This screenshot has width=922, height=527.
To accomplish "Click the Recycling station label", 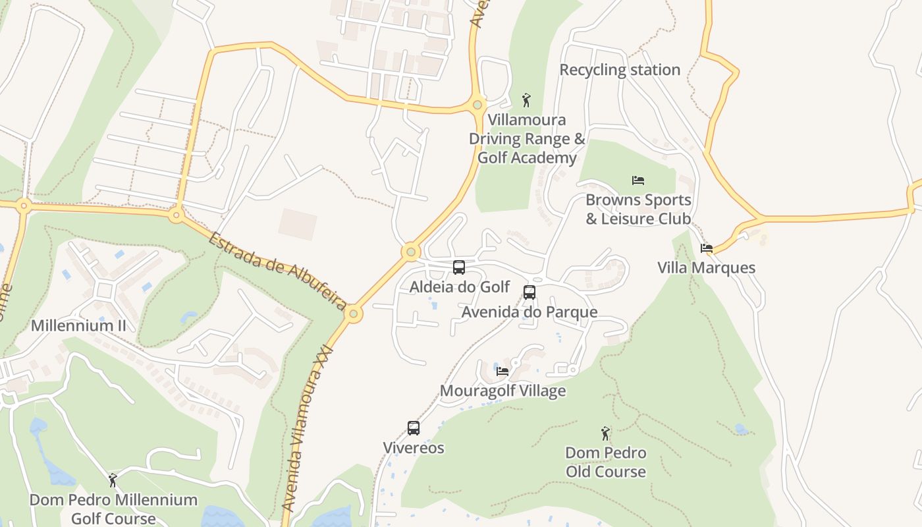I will pos(620,70).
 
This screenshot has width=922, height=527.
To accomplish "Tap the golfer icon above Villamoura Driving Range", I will pos(526,100).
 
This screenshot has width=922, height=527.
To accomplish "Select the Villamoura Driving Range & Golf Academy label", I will pos(527,139).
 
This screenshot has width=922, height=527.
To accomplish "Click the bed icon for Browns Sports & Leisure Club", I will pos(637,180).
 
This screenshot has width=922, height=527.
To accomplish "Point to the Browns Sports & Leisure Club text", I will pos(638,209).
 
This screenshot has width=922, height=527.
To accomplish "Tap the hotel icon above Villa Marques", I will pos(707,248).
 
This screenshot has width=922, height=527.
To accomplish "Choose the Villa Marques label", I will pos(706,267).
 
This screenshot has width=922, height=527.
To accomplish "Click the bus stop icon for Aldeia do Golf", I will pos(459,267).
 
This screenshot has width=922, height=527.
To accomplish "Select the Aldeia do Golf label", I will pos(460,287).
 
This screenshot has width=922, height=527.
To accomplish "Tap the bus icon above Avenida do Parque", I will pos(529,292).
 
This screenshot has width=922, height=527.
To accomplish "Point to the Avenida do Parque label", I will pos(529,312).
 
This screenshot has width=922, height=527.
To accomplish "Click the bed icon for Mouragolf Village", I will pos(502,372).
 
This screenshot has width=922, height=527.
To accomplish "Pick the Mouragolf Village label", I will pos(502,391).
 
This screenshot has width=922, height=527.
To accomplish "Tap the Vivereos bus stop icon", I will pos(414,428).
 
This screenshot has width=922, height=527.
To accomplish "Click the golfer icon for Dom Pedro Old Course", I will pos(605,433).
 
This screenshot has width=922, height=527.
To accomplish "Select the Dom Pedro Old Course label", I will pos(606,462).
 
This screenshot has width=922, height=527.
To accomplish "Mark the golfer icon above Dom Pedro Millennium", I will pos(113,480).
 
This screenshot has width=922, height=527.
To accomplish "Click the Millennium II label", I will pos(78,325).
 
